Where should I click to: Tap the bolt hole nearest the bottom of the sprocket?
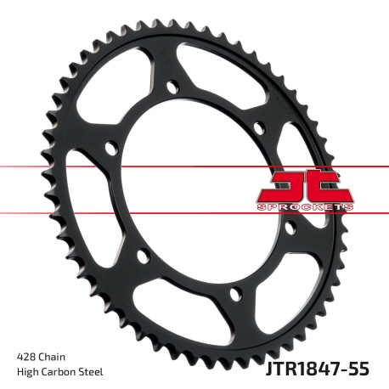tap(235, 294)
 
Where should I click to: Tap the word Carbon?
tap(64, 371)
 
